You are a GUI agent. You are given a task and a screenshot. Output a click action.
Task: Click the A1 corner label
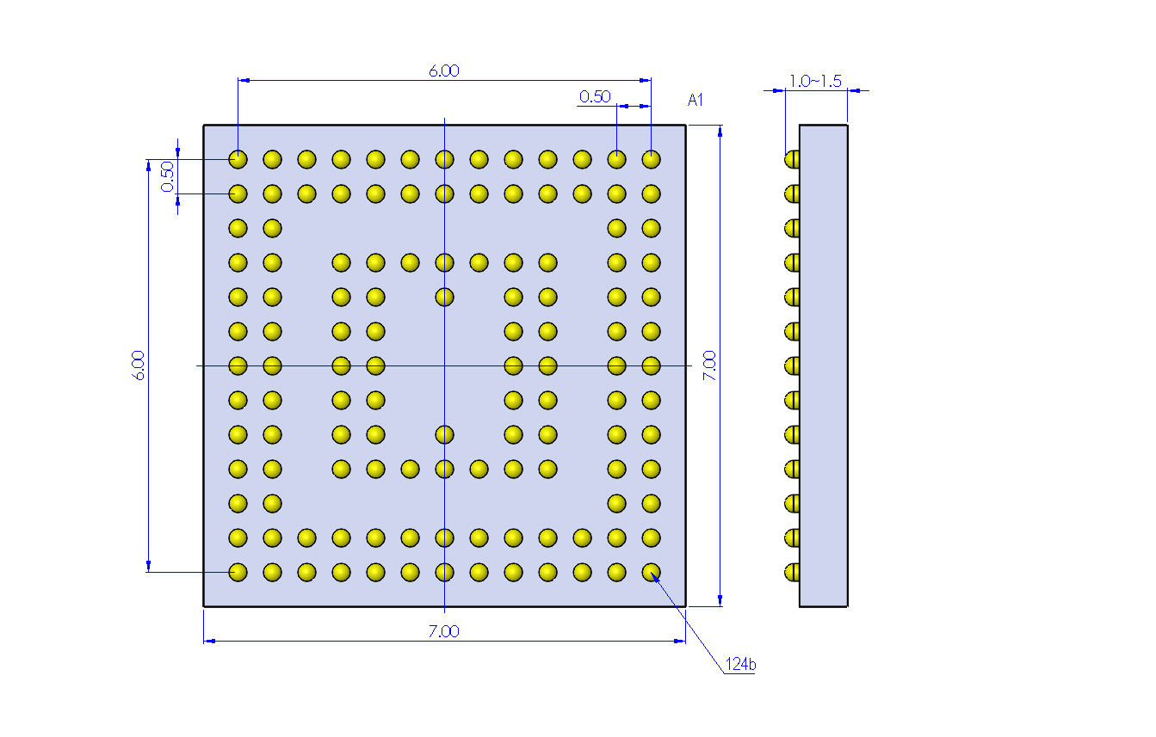pos(695,100)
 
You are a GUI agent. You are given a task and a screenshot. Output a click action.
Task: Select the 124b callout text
pos(740,664)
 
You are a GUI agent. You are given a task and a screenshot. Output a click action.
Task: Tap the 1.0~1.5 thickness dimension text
pos(815,81)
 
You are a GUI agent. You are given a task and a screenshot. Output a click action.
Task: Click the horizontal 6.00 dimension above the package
pos(444,71)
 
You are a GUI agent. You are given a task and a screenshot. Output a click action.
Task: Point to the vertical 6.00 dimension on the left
pos(138,365)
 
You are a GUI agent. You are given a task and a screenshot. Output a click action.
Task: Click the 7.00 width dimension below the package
pos(444,631)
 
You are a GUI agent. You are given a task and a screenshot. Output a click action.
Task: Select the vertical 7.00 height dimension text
pos(709,365)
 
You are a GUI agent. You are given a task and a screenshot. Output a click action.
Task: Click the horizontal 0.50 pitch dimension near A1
pos(595,96)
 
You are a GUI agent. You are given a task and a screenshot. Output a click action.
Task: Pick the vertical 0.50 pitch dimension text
pos(167,176)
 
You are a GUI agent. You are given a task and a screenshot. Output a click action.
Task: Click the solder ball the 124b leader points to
pos(652,572)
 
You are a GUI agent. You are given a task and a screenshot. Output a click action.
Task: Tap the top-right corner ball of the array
pos(652,159)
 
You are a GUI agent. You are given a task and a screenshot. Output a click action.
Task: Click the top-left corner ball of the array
pos(238,159)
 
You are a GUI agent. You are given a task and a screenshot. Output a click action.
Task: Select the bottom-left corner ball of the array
pos(238,572)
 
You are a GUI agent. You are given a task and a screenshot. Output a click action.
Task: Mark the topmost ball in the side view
pos(792,159)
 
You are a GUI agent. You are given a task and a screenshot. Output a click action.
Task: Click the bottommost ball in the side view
pos(792,572)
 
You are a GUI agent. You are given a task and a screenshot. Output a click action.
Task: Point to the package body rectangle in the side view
pos(824,365)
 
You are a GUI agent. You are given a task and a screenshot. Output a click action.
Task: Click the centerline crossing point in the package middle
pos(444,365)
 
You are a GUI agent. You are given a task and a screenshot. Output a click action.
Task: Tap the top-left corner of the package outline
pos(203,125)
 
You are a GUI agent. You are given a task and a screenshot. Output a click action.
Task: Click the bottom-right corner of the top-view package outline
pos(686,606)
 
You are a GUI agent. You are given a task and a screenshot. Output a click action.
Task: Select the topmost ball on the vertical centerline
pos(444,159)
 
